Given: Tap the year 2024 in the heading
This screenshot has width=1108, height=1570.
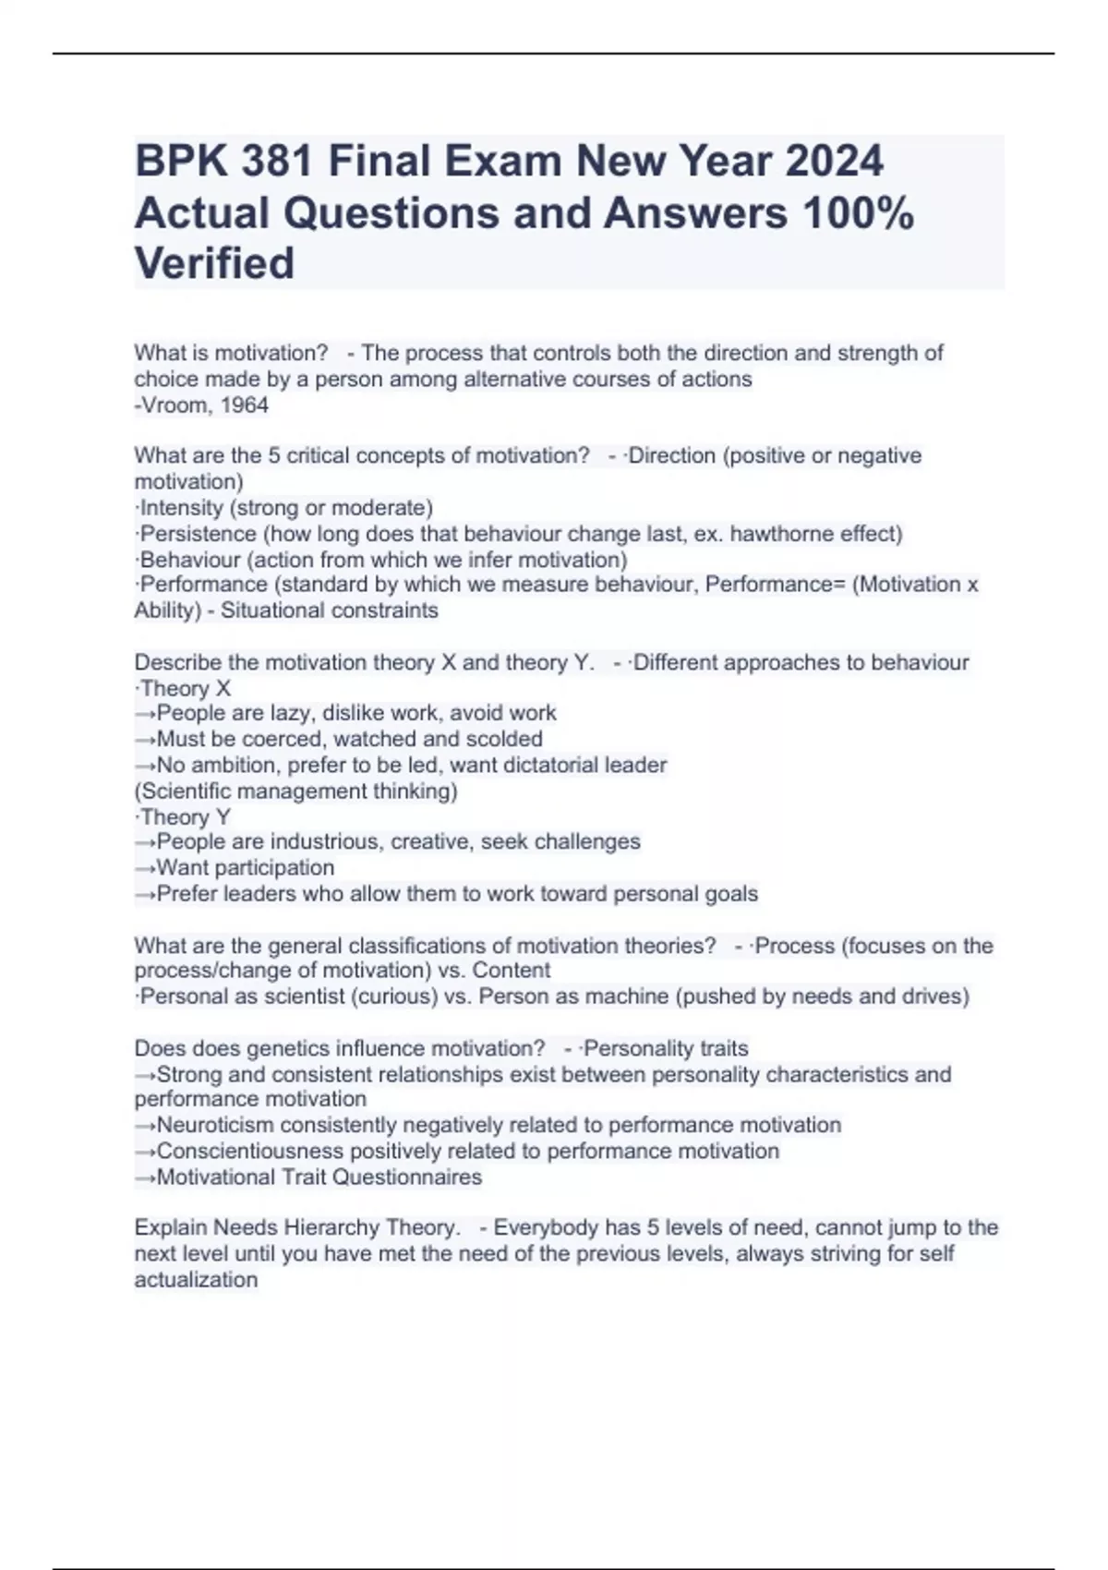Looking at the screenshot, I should click(x=834, y=161).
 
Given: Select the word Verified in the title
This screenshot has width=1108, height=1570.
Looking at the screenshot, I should click(x=214, y=263).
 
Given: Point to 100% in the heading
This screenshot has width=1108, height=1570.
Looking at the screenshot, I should click(x=859, y=212).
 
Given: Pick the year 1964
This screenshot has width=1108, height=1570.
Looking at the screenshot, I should click(x=245, y=405).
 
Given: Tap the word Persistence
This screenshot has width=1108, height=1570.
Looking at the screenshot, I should click(x=199, y=534).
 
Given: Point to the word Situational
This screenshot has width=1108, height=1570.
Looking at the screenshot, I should click(x=273, y=610).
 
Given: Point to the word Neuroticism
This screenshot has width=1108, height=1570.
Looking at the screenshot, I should click(x=215, y=1125).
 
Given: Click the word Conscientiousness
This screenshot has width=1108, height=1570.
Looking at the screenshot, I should click(x=250, y=1151).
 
